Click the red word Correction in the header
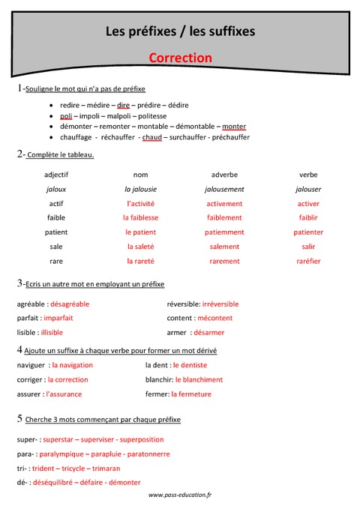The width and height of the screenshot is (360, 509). pyautogui.click(x=180, y=58)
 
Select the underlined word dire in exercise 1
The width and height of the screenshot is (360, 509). pyautogui.click(x=124, y=105)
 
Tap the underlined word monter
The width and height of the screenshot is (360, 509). pyautogui.click(x=234, y=127)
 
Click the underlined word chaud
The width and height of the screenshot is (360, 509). pyautogui.click(x=152, y=138)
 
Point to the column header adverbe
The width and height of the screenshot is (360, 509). pyautogui.click(x=224, y=175)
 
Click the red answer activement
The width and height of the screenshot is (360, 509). pyautogui.click(x=224, y=203)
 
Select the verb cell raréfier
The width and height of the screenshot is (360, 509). pyautogui.click(x=308, y=261)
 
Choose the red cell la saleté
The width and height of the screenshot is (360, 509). pyautogui.click(x=140, y=247)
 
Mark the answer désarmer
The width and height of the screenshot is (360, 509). pyautogui.click(x=208, y=332)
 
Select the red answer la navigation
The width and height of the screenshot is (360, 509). pyautogui.click(x=72, y=365)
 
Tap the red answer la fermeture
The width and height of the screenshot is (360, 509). pyautogui.click(x=191, y=394)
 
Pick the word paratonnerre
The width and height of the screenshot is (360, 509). pyautogui.click(x=144, y=454)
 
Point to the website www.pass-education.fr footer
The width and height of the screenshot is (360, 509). pyautogui.click(x=180, y=496)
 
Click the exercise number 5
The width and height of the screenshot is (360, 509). pyautogui.click(x=19, y=418)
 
